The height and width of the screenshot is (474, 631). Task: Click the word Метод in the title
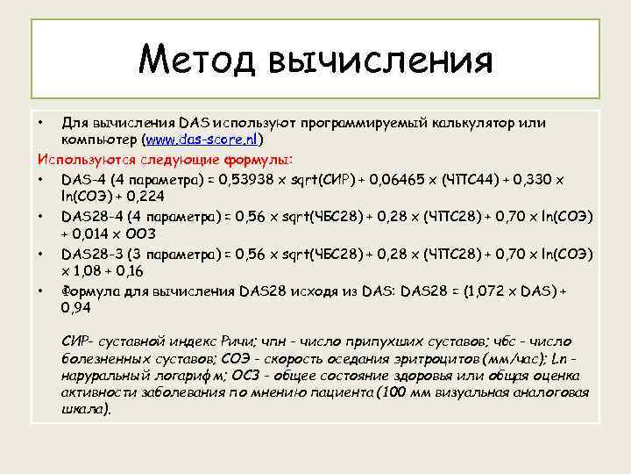tap(197, 60)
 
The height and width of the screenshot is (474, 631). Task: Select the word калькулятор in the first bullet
tap(424, 123)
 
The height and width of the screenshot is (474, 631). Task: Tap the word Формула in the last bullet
tap(91, 291)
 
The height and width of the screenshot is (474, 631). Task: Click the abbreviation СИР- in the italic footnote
tap(80, 339)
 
